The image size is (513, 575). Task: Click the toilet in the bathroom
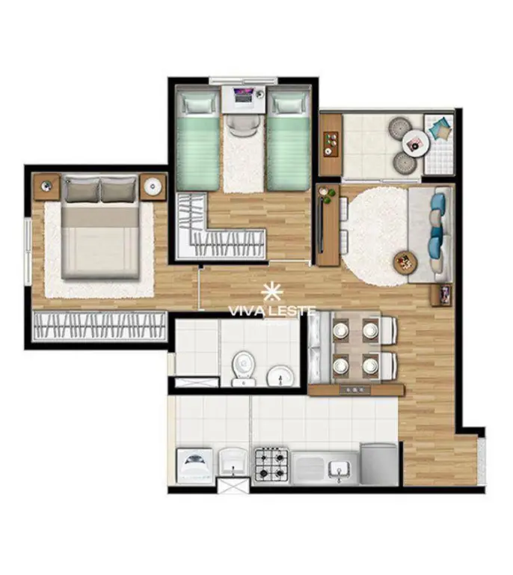pos(243,368)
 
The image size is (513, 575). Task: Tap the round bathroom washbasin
pos(280,376)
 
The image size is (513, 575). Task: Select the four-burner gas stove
pos(271,464)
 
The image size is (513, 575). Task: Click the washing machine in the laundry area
pos(194,465)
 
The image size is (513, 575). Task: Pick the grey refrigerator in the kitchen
pos(379,465)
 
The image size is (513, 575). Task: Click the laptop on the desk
pos(244,95)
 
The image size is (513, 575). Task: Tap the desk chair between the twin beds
pos(243,125)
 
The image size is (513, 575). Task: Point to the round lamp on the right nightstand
pos(153,187)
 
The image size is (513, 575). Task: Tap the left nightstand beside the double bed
pos(46,186)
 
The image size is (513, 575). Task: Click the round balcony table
pos(415,143)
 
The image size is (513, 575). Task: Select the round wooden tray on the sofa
pos(406,262)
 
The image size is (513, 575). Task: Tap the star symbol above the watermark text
pos(272,291)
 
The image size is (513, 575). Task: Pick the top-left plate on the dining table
pos(340,329)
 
